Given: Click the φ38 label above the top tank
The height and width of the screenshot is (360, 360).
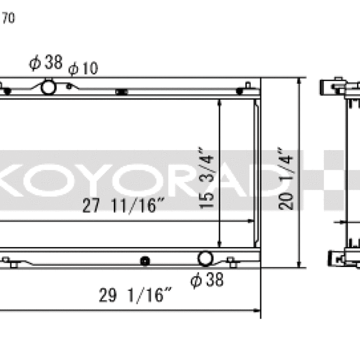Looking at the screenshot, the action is point(46,62).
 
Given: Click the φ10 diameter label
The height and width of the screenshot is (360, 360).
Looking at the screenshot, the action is point(83,68).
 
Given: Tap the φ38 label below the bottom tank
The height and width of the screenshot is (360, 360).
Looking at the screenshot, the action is point(207,280).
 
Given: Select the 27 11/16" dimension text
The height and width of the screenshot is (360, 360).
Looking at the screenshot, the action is point(124,205).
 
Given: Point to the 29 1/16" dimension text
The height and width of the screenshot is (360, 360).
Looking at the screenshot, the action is point(135,295).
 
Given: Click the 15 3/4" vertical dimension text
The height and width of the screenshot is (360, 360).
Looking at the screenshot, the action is point(206,178).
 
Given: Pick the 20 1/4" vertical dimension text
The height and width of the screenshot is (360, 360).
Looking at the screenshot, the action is point(286,179).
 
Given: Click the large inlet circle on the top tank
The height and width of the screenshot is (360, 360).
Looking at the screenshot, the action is point(49,87).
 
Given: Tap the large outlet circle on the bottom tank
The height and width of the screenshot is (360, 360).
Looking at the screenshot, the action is point(205,259).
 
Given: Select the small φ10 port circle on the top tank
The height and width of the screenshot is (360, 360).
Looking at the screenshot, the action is point(69,86).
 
